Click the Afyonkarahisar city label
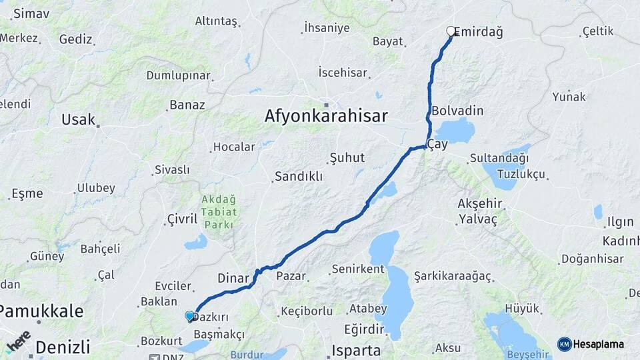click(x=325, y=116)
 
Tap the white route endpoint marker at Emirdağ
click(x=451, y=31)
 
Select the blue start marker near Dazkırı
click(x=189, y=316)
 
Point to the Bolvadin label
click(x=457, y=111)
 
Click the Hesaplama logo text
click(x=598, y=344)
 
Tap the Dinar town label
click(x=233, y=278)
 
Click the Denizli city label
click(x=62, y=347)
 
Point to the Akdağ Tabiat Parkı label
click(x=218, y=211)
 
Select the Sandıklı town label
click(x=298, y=177)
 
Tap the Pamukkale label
click(x=41, y=311)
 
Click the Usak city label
click(x=78, y=120)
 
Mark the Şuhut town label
click(x=347, y=158)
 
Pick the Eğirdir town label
click(x=364, y=329)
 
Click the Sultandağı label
click(x=499, y=158)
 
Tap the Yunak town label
click(x=569, y=97)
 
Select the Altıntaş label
click(x=216, y=21)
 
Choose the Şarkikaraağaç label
click(x=452, y=276)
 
